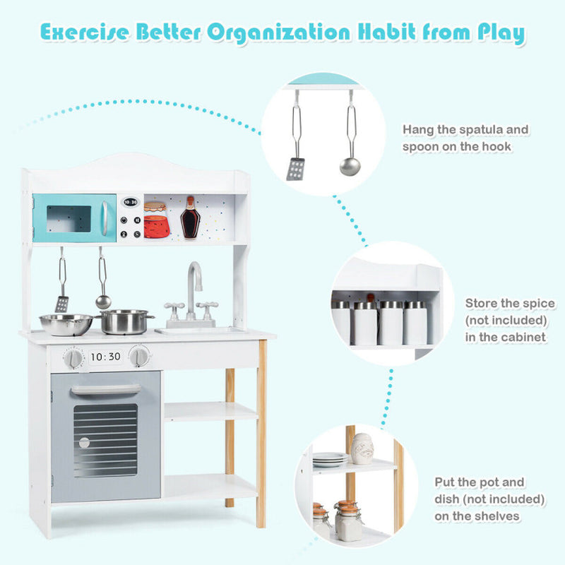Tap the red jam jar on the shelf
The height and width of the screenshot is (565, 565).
tap(155, 221)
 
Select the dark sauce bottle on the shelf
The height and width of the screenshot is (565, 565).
tap(190, 218)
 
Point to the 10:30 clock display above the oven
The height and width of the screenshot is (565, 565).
tap(105, 357)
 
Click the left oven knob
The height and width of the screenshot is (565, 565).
tap(73, 359)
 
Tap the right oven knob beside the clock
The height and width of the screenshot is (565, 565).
tap(140, 356)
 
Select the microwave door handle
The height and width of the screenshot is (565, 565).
tap(105, 218)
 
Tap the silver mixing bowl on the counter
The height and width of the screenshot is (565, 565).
tap(66, 324)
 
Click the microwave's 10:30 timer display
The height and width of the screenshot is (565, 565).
tap(130, 201)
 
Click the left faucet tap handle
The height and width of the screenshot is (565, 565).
tap(174, 309)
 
